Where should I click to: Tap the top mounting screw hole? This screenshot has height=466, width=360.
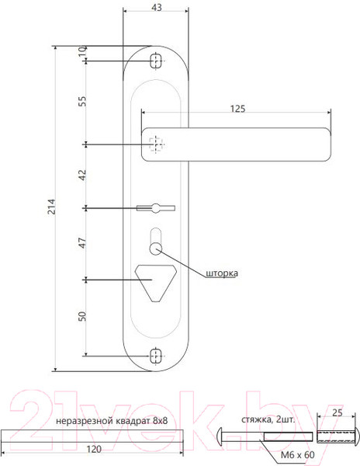(x=155, y=60)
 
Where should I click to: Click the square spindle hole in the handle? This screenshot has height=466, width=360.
(x=157, y=144)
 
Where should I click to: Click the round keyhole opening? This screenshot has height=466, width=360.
(x=155, y=248)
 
